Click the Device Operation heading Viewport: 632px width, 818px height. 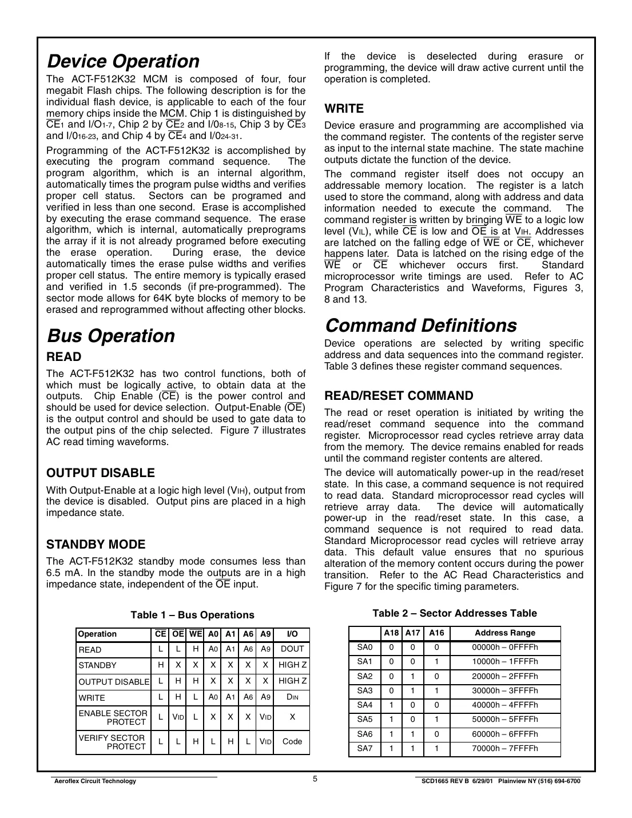(123, 61)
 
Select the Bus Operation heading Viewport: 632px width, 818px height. (110, 335)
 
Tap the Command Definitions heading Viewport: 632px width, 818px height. (420, 325)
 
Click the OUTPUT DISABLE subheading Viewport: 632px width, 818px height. (101, 473)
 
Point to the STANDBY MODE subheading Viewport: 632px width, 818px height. (96, 544)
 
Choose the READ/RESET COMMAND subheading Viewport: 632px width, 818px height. (399, 396)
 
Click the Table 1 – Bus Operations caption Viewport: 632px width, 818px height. (192, 615)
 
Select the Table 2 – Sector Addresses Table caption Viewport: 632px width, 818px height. (455, 613)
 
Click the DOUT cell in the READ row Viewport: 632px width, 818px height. (292, 649)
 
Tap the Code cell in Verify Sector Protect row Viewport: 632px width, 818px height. (292, 741)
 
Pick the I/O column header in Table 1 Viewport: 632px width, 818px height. (292, 634)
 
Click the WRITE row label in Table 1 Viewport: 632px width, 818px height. (92, 697)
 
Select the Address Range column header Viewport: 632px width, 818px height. (505, 633)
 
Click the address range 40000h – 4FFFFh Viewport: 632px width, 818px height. (505, 705)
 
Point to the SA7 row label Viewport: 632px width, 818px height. (364, 748)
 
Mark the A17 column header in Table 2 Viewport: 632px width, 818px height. (412, 633)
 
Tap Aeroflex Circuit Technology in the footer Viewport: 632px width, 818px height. (94, 781)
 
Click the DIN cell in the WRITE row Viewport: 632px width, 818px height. (292, 697)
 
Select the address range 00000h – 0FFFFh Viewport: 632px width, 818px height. (505, 648)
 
